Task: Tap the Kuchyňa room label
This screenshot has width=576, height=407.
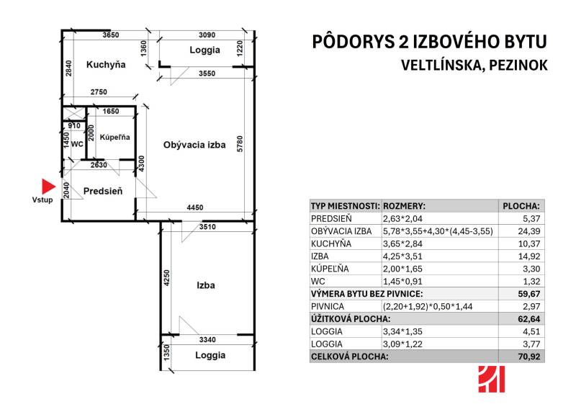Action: point(106,65)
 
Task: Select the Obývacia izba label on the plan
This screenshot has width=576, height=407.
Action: point(194,144)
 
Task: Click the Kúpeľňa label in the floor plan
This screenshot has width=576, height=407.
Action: point(114,137)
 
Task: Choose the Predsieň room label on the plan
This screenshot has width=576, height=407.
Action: point(103,191)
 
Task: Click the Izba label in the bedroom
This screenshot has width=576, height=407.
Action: point(206,285)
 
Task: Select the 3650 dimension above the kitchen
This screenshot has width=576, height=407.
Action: point(111,35)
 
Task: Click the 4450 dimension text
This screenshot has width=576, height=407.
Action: point(194,208)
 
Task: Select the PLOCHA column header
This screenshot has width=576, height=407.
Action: point(521,205)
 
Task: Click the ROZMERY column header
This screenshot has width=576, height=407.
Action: point(405,205)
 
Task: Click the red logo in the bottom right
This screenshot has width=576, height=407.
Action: point(491,379)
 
